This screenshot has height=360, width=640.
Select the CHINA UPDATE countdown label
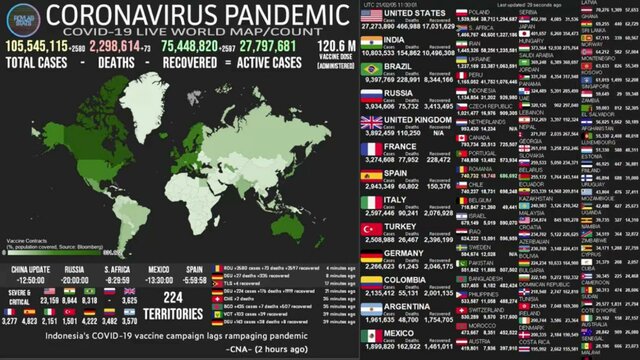click(29, 270)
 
